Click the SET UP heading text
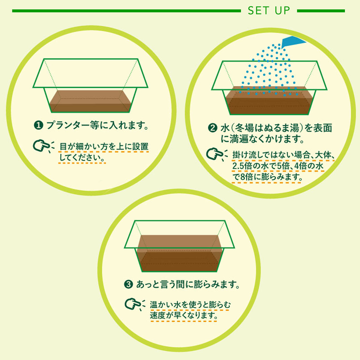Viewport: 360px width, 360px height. click(x=269, y=11)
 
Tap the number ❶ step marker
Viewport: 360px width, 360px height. click(x=38, y=125)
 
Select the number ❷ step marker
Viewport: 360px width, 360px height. click(x=212, y=128)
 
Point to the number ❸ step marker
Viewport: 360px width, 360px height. click(x=128, y=284)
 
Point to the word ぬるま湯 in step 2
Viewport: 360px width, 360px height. click(x=282, y=128)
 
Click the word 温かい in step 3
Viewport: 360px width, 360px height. click(x=161, y=304)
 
